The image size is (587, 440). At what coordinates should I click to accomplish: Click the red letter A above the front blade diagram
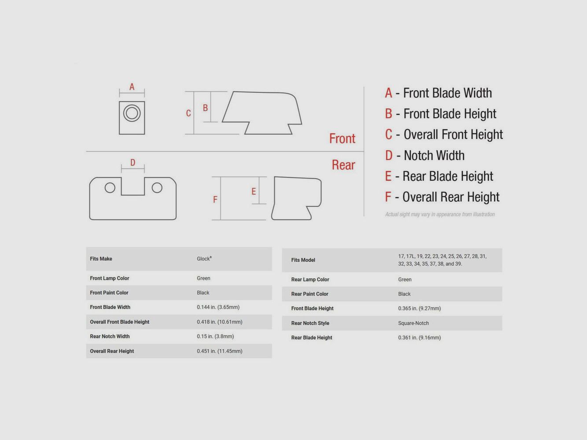point(132,87)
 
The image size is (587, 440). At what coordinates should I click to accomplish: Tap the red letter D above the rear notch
point(133,162)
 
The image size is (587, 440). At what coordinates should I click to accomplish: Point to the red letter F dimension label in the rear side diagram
point(215,199)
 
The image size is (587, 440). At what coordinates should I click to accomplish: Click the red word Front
point(342,139)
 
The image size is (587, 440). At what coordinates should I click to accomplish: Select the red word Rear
point(343,165)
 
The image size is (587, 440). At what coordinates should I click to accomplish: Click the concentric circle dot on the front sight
point(132,113)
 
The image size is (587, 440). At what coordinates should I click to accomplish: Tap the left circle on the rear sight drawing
point(110,187)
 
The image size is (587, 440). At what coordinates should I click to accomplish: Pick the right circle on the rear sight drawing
point(157,187)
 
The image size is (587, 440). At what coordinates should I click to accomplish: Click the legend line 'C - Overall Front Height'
point(444,134)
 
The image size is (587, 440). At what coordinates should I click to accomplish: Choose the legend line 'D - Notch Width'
point(425,155)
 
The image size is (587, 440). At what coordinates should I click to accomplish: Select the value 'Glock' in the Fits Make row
point(204,259)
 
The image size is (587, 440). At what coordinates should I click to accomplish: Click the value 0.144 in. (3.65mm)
point(218,307)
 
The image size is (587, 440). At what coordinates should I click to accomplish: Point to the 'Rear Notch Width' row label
point(110,336)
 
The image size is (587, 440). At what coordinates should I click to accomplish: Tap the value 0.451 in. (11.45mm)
point(220,351)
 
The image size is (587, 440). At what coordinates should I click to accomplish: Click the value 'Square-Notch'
point(413,323)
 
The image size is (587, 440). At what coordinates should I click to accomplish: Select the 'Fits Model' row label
point(303,260)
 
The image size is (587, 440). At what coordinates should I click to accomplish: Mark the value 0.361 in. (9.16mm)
point(419,337)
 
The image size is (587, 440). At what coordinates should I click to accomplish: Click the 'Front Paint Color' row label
point(109,293)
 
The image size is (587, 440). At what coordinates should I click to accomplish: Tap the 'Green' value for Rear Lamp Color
point(405,279)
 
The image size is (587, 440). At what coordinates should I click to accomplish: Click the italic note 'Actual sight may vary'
point(439,214)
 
